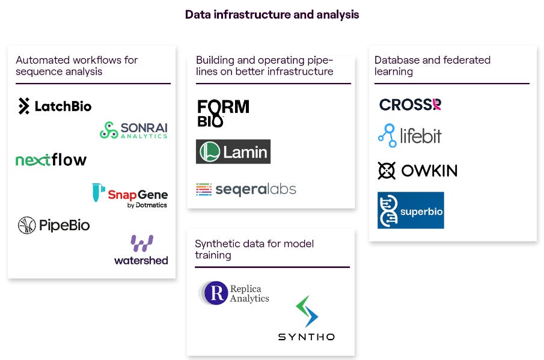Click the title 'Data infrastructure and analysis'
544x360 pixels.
272,14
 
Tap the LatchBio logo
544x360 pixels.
55,106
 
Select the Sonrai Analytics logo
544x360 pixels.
133,130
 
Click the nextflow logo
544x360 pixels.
51,160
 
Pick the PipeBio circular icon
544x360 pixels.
27,225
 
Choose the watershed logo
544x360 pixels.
141,250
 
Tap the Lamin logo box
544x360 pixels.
233,151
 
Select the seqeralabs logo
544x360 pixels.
246,189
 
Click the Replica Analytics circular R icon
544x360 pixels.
216,293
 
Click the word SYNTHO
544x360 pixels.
306,337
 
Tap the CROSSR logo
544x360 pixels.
410,105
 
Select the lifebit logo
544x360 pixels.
409,136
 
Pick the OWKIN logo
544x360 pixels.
417,171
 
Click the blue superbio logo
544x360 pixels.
411,210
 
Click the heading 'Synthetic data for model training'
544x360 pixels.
254,249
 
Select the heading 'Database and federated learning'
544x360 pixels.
432,66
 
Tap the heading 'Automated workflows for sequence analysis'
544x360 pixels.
76,66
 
